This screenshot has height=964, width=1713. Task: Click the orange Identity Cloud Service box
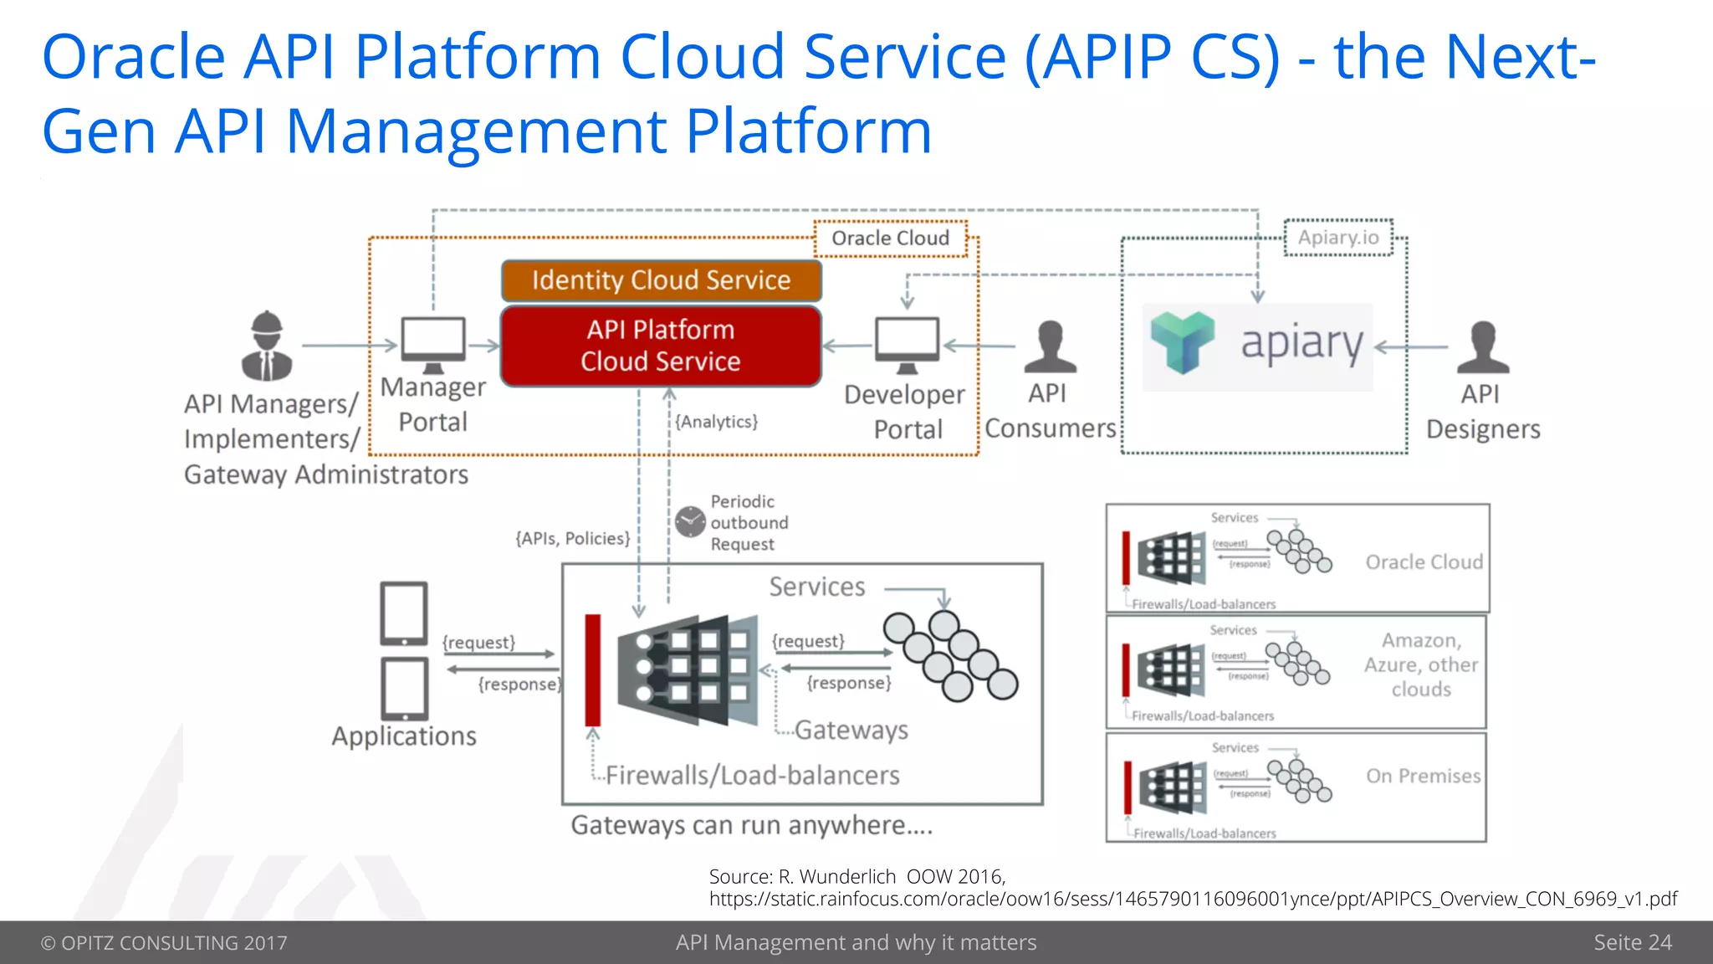(x=661, y=280)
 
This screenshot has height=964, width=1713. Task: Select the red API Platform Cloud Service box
(x=661, y=346)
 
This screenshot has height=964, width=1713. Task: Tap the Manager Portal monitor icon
(x=433, y=343)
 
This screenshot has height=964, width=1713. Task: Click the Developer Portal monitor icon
(x=907, y=343)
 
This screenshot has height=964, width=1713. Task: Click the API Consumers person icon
(x=1049, y=347)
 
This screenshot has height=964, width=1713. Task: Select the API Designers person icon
(x=1482, y=347)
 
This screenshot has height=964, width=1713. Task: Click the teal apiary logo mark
(x=1182, y=342)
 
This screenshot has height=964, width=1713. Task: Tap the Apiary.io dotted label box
(x=1338, y=238)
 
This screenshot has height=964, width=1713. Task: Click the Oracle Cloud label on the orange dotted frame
(x=890, y=238)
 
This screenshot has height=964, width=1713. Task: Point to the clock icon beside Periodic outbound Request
(x=691, y=521)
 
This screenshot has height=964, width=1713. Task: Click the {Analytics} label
(x=717, y=422)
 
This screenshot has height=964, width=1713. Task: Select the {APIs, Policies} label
(x=573, y=538)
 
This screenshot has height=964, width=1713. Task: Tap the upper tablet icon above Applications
(x=404, y=613)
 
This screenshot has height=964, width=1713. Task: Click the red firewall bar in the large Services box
(x=593, y=669)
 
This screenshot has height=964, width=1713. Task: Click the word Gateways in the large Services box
(x=851, y=730)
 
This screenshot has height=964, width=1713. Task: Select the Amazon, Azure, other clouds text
(x=1421, y=664)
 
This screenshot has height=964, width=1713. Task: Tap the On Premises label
(x=1423, y=776)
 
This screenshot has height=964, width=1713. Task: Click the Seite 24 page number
(x=1632, y=942)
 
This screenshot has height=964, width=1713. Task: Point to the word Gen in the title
(x=99, y=132)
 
